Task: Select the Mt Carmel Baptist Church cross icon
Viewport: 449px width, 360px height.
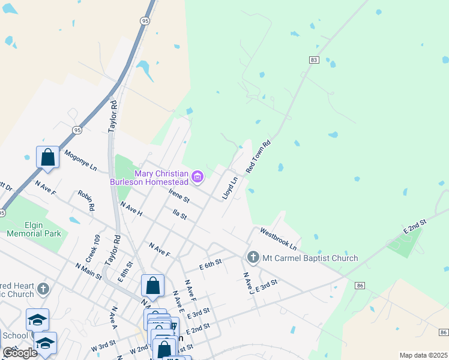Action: pyautogui.click(x=252, y=257)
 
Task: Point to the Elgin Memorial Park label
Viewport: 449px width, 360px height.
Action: pyautogui.click(x=34, y=229)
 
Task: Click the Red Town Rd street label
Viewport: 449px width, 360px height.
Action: pyautogui.click(x=259, y=157)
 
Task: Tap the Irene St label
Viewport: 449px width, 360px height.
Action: pyautogui.click(x=179, y=195)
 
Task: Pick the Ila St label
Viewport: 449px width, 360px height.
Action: pyautogui.click(x=180, y=214)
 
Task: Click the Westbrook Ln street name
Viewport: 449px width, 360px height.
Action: pyautogui.click(x=278, y=239)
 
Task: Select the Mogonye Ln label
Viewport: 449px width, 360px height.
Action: pyautogui.click(x=80, y=161)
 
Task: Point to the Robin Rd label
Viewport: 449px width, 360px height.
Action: pyautogui.click(x=86, y=200)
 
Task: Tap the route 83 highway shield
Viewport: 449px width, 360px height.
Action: pyautogui.click(x=314, y=60)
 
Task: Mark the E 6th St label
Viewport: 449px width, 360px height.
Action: pyautogui.click(x=211, y=262)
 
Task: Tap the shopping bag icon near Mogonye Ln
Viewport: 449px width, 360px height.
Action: pyautogui.click(x=48, y=157)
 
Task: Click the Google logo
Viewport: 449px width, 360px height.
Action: pyautogui.click(x=20, y=353)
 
